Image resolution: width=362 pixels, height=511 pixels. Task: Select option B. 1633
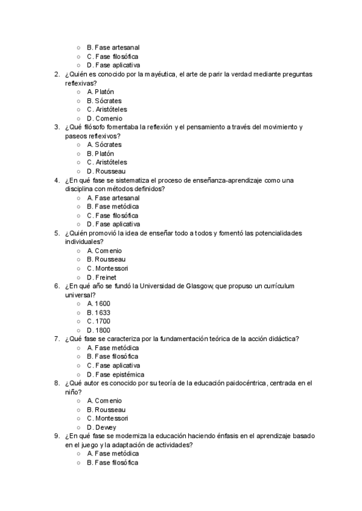(x=98, y=313)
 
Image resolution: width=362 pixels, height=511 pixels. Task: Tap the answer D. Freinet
(x=101, y=277)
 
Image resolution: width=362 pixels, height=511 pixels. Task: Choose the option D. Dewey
(x=101, y=427)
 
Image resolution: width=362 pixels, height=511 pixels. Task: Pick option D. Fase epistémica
(x=115, y=374)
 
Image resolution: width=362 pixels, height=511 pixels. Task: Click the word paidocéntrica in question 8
(x=241, y=383)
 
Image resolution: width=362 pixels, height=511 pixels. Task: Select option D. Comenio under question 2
(x=104, y=118)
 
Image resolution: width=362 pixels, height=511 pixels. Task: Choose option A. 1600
(x=98, y=304)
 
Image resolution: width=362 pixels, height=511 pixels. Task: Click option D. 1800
(x=98, y=330)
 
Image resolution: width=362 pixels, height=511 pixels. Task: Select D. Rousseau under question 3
(x=106, y=171)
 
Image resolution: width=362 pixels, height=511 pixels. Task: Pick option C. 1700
(x=98, y=321)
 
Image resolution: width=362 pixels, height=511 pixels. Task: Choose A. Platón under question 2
(x=100, y=92)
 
